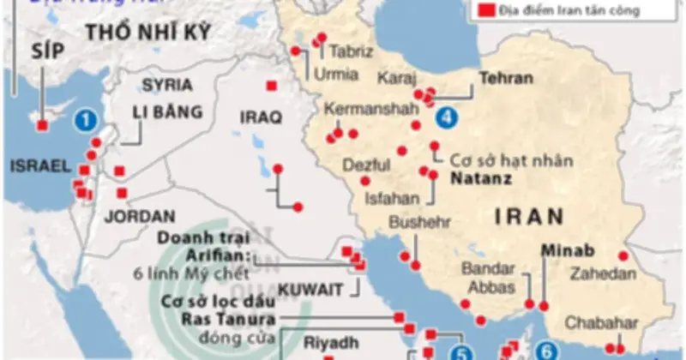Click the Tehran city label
click(x=506, y=78)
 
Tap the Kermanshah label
click(x=359, y=110)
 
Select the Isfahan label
click(x=392, y=198)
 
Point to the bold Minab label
click(x=567, y=253)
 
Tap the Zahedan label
click(x=605, y=274)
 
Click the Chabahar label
click(x=601, y=323)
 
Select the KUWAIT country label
click(x=311, y=286)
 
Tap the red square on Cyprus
click(x=42, y=127)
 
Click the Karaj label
click(x=397, y=76)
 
